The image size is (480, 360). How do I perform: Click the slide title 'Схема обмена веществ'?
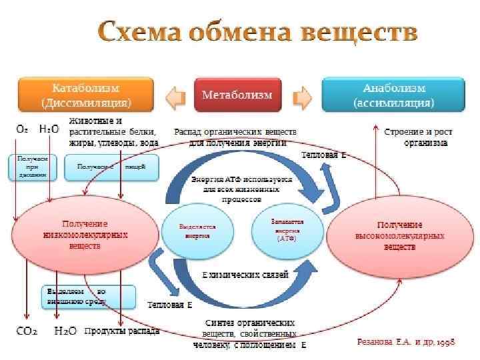(x=258, y=32)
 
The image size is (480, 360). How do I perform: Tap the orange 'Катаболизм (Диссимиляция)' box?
(x=86, y=95)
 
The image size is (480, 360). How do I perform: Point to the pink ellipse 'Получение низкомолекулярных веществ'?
(x=85, y=235)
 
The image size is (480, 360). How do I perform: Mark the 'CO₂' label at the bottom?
(x=27, y=331)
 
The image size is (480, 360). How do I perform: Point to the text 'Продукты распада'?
(x=122, y=331)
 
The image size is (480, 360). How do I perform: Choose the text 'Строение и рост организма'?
(x=415, y=137)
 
